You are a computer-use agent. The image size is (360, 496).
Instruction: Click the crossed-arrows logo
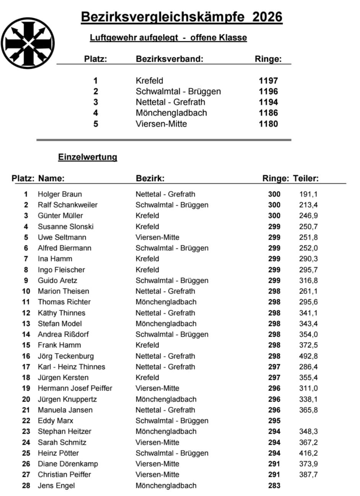28,43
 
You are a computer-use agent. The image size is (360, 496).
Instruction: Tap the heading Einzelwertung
88,157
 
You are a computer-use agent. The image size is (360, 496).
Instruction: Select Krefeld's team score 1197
268,81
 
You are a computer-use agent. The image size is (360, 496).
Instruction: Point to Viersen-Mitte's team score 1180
268,124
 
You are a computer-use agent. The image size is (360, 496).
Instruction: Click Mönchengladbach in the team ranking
171,113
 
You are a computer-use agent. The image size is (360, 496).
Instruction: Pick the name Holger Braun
60,194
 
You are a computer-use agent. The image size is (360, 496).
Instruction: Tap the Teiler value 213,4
308,205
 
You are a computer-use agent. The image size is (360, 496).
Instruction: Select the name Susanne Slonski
65,227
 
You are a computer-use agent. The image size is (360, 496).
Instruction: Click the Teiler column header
306,178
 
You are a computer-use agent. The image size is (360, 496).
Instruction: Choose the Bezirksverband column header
169,59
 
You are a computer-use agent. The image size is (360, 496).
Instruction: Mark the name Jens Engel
56,486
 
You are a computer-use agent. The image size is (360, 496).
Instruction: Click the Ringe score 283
274,486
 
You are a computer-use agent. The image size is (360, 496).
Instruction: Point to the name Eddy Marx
55,421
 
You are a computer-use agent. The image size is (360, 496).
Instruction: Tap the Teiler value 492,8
308,356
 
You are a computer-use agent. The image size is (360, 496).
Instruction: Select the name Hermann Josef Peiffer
75,388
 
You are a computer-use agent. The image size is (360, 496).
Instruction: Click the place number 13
26,324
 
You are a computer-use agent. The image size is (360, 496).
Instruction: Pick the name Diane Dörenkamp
68,464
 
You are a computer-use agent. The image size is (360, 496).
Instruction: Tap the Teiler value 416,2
308,453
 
